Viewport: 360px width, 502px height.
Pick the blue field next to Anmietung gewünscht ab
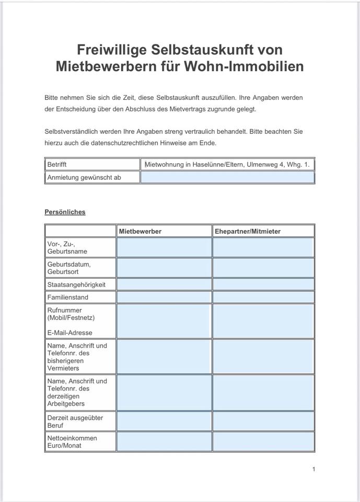[227, 177]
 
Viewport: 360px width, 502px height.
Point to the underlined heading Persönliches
[65, 212]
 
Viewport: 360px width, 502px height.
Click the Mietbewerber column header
[140, 231]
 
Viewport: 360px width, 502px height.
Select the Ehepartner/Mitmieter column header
[247, 231]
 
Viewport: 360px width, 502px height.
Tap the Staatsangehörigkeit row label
[76, 284]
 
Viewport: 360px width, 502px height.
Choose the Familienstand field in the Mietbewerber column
[164, 297]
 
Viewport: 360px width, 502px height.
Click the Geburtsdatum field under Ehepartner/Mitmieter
[263, 268]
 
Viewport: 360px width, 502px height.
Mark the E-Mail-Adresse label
[69, 333]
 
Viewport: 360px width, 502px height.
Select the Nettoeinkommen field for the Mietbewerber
[164, 441]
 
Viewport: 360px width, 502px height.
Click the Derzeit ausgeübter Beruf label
[75, 421]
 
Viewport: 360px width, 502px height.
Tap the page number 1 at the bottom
[313, 469]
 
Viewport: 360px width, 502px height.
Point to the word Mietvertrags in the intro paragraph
[196, 110]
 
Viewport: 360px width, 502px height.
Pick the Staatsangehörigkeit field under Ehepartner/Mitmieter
[263, 284]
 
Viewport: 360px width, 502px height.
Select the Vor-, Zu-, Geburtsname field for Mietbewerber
[164, 247]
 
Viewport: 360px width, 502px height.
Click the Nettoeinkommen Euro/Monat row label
[72, 441]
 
